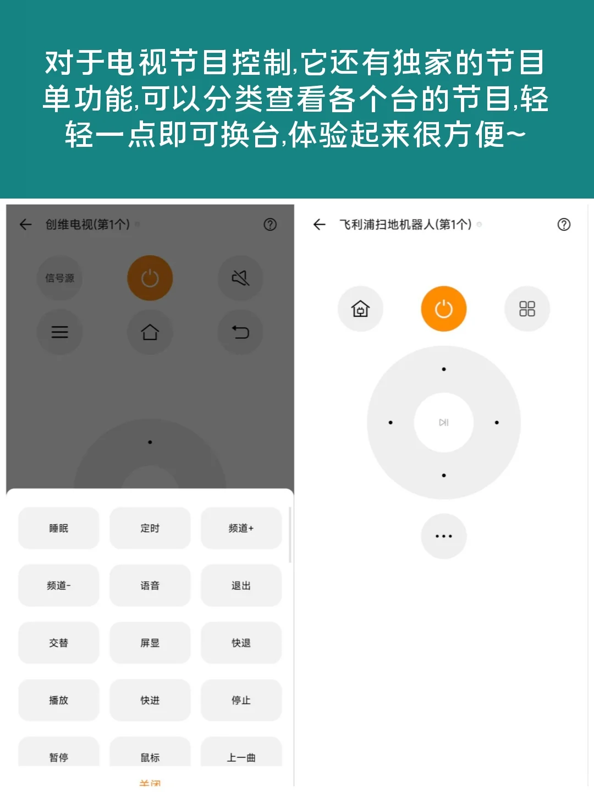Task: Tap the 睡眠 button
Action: click(x=59, y=528)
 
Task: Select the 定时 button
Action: click(x=150, y=528)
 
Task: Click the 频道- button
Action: click(x=59, y=585)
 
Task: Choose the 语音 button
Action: click(x=150, y=585)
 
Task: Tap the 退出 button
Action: click(x=241, y=585)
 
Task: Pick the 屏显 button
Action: click(x=150, y=642)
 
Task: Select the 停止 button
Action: click(x=241, y=700)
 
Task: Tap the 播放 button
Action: click(x=59, y=700)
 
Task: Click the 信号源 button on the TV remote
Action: click(x=59, y=278)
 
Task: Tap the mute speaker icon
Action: click(x=240, y=278)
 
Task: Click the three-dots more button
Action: click(x=443, y=536)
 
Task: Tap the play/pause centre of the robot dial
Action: click(x=443, y=422)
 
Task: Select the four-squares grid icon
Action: click(x=527, y=309)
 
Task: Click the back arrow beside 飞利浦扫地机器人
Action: click(x=320, y=224)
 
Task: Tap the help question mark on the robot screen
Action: click(x=564, y=224)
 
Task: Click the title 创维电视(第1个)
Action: click(x=87, y=224)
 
